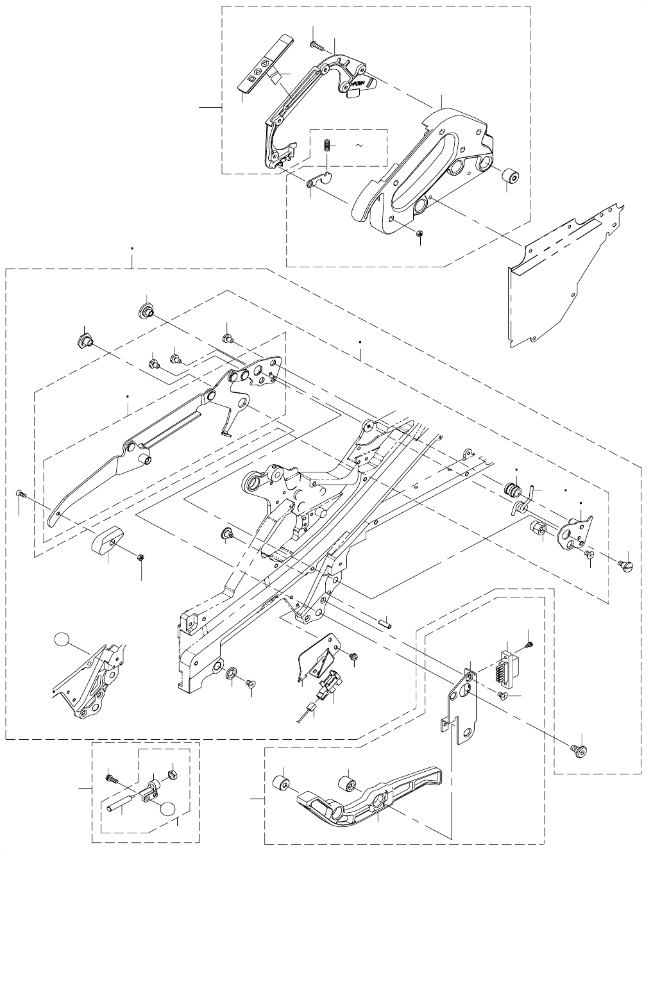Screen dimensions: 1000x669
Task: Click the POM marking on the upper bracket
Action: tap(357, 84)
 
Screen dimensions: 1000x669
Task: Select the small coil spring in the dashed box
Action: tap(326, 146)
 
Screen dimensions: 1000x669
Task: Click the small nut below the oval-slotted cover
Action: tap(418, 234)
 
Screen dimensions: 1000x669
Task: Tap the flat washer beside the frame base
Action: tap(231, 672)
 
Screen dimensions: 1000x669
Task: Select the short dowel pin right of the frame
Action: tap(387, 621)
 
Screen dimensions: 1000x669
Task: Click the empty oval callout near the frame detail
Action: tap(62, 638)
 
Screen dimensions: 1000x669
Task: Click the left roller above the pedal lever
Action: tap(282, 784)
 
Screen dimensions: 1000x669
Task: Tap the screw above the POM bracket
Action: tap(315, 44)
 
